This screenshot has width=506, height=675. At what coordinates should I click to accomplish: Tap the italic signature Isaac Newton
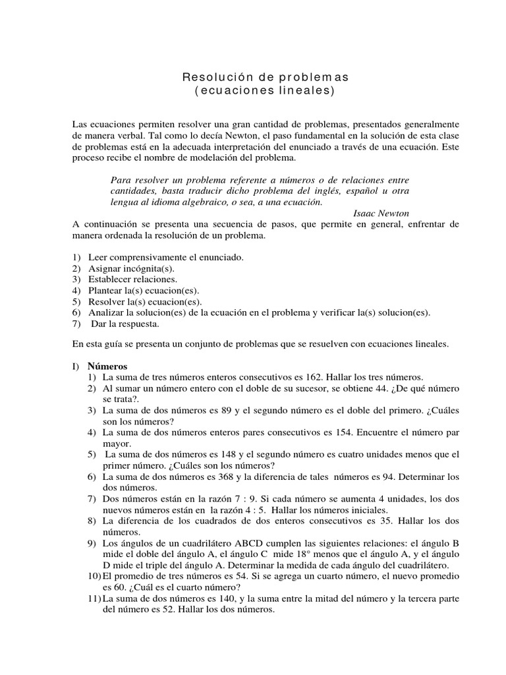(x=381, y=213)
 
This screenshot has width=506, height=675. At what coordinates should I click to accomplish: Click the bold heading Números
(x=107, y=366)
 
